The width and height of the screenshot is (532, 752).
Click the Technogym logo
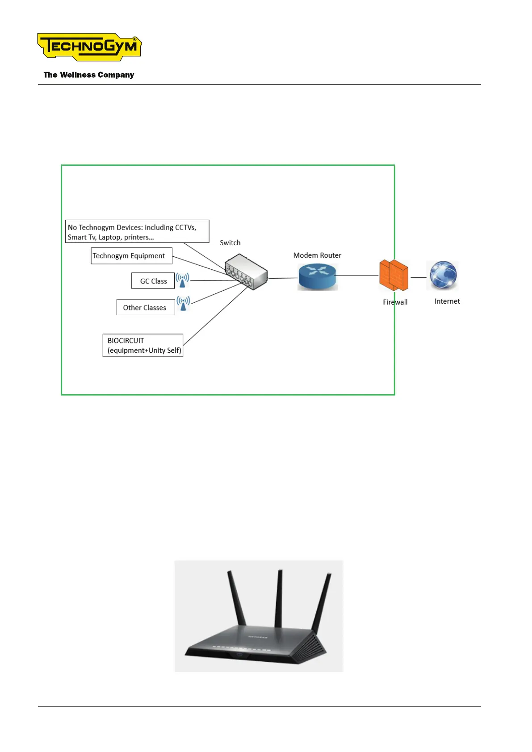pos(89,46)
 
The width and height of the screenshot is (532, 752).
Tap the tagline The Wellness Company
pos(88,75)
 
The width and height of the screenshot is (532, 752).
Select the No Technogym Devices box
pos(137,231)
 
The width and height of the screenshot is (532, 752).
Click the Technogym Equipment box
pos(131,256)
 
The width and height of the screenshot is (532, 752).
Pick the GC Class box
pos(153,281)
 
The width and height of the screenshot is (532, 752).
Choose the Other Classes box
pos(145,307)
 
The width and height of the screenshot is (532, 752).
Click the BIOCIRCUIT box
pos(143,345)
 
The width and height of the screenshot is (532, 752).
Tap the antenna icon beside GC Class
pos(182,280)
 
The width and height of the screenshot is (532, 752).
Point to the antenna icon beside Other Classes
pos(183,303)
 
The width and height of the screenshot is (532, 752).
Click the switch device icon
pos(246,272)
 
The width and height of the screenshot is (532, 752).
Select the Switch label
pos(230,243)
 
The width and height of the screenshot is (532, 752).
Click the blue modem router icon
pos(317,276)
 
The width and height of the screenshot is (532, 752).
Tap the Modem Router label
pos(317,255)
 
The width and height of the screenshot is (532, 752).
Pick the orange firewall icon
pos(394,275)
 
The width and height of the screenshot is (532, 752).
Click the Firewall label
pos(395,302)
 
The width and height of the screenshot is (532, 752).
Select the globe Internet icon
pos(443,275)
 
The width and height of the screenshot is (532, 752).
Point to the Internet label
pos(447,301)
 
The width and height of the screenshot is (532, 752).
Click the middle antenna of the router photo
pos(279,598)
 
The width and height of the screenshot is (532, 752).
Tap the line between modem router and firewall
pos(357,276)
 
